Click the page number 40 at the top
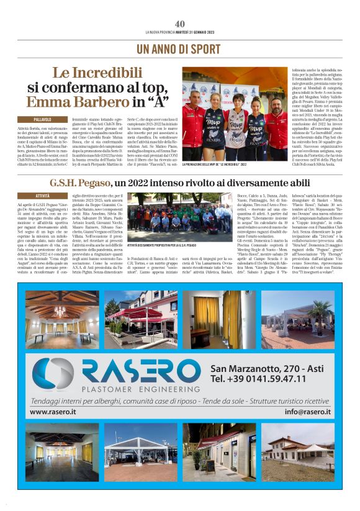point(180,24)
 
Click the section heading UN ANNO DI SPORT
point(180,48)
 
